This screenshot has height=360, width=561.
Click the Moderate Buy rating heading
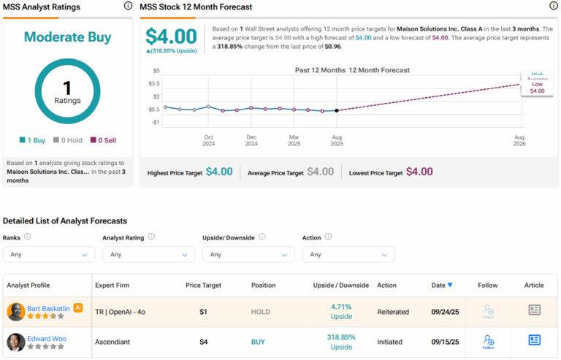pos(66,37)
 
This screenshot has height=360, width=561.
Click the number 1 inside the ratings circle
pos(66,87)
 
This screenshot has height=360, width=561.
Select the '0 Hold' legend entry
pos(70,139)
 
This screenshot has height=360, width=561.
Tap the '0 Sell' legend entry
pos(105,139)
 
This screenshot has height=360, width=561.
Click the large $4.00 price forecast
pos(171,37)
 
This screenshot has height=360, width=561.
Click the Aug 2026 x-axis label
pos(519,140)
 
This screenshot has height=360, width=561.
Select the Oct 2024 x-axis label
pos(209,140)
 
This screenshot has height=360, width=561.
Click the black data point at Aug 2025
pos(336,110)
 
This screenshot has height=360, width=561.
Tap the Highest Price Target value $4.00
pos(219,172)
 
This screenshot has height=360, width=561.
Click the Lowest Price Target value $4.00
pos(419,172)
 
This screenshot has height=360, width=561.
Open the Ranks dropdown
pos(49,254)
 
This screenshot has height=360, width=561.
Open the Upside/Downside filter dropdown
pos(248,254)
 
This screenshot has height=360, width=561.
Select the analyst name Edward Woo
pos(47,339)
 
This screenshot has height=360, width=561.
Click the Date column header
pos(441,285)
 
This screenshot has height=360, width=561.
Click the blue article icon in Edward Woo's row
pos(534,340)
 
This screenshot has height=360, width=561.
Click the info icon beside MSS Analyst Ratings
pos(128,6)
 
